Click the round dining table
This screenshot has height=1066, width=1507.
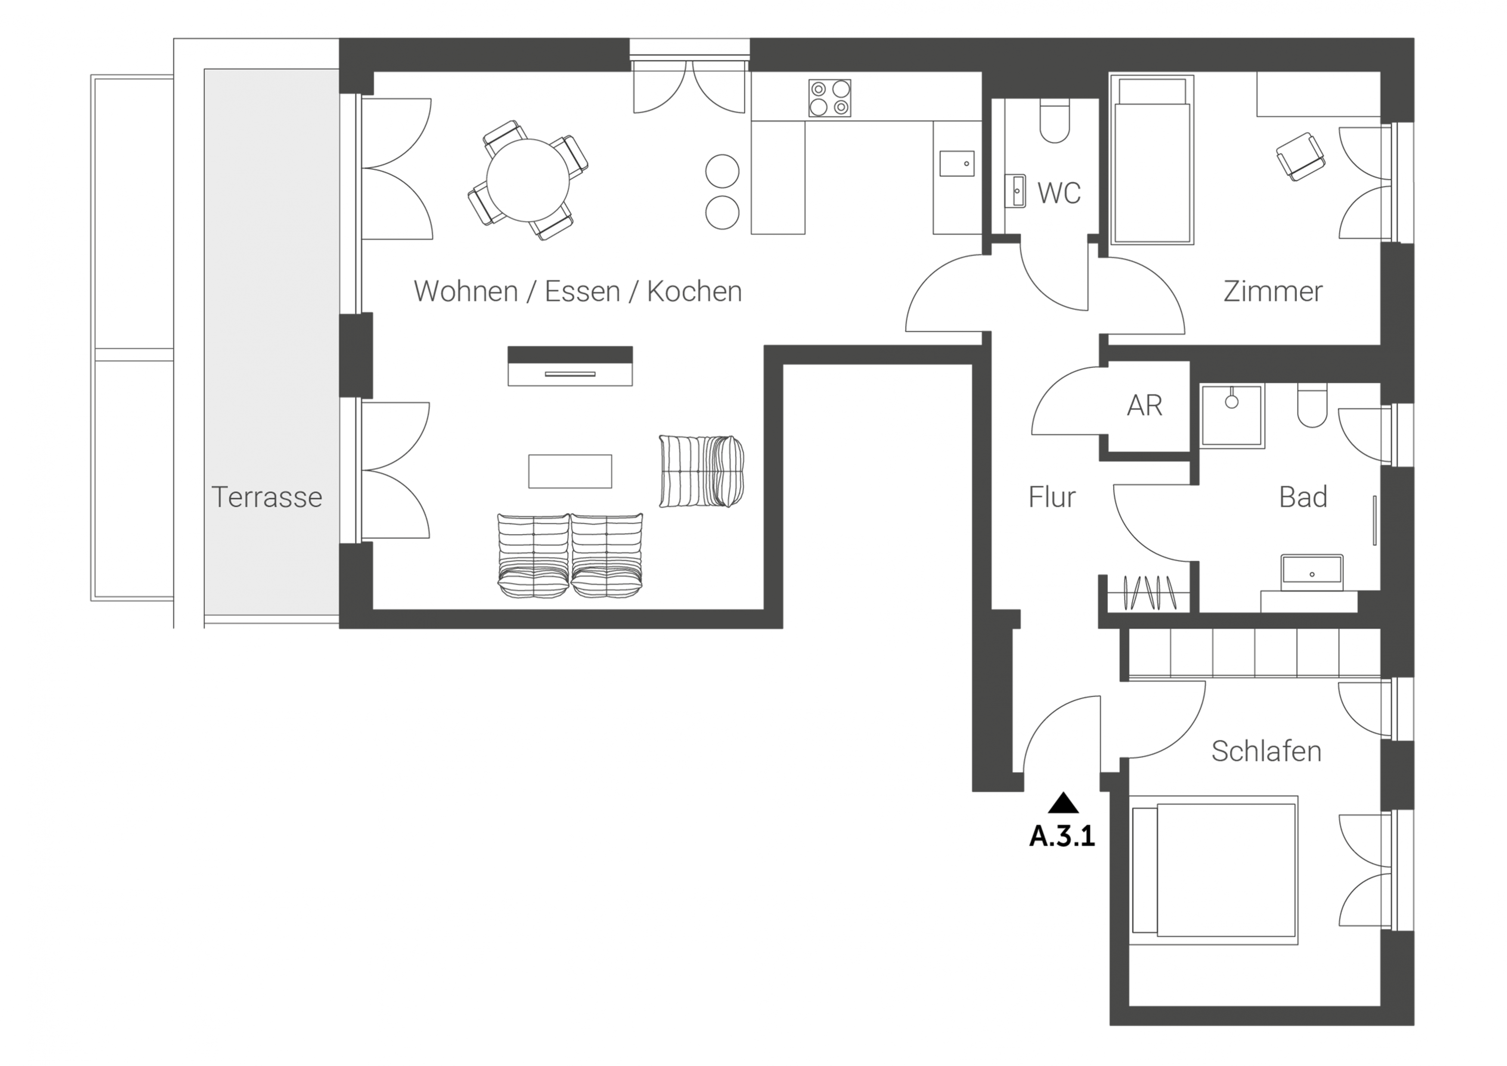click(528, 180)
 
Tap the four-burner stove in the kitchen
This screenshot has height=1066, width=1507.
click(830, 99)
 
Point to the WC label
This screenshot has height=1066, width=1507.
click(1059, 193)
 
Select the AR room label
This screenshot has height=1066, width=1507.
click(1145, 406)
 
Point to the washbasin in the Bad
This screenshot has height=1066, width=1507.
click(1312, 573)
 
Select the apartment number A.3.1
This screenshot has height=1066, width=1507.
click(1062, 837)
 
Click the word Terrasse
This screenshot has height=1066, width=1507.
click(267, 497)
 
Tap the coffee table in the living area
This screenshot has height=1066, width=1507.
click(570, 471)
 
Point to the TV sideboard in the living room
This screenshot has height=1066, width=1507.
click(570, 366)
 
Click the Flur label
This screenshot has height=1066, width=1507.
click(1052, 497)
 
